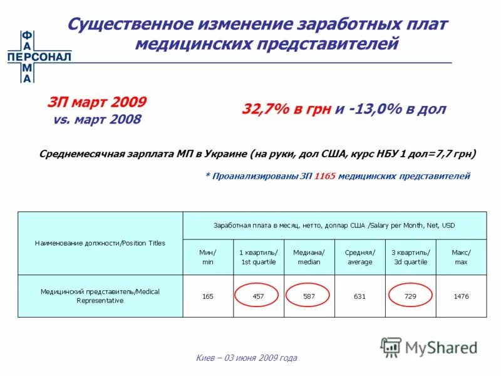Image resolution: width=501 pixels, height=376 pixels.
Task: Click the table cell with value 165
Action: (208, 296)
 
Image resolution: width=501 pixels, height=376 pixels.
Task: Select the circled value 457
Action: (258, 296)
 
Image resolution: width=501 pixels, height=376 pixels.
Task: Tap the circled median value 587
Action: (309, 296)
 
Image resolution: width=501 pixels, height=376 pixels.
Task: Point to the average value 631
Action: (359, 296)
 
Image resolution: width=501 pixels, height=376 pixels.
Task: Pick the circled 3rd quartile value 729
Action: (410, 296)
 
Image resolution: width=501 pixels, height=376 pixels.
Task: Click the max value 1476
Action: (461, 296)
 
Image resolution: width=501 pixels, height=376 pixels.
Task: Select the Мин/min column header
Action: (208, 257)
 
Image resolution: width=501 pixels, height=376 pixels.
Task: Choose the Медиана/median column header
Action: (309, 257)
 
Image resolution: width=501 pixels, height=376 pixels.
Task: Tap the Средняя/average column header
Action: (359, 257)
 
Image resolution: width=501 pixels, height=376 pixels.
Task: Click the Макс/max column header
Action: (461, 257)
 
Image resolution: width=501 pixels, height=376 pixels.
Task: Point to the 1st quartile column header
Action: (258, 257)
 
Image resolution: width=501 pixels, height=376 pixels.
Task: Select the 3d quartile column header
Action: (410, 257)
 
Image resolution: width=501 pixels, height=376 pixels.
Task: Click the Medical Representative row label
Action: (100, 296)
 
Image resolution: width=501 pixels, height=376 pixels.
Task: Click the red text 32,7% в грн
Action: (287, 110)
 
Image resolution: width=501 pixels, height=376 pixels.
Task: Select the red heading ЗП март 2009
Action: (98, 102)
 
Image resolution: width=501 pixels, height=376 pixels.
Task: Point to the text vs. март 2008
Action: (98, 119)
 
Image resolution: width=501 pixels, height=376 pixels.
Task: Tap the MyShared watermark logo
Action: (430, 346)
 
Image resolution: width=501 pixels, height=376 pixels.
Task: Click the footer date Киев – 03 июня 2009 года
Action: (246, 358)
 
